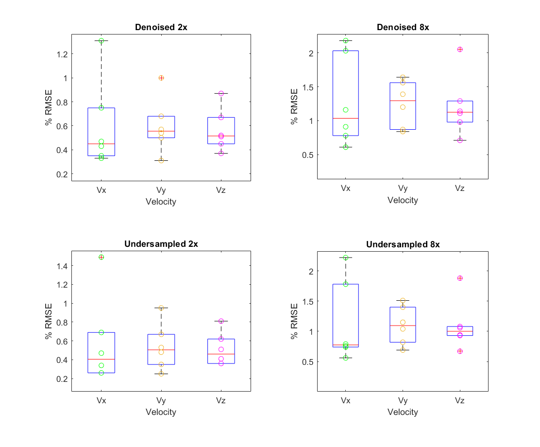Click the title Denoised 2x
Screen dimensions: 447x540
coord(161,27)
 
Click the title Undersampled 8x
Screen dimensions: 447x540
coord(403,244)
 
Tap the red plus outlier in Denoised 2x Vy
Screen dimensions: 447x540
coord(161,78)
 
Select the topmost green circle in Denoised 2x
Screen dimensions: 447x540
coord(101,41)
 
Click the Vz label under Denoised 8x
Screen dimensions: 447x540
coord(460,188)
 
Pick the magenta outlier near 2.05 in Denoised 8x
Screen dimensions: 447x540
coord(460,49)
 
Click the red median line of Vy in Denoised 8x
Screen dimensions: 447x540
coord(403,101)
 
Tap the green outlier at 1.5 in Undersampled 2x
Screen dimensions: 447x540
coord(101,257)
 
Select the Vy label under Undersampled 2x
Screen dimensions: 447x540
coord(161,401)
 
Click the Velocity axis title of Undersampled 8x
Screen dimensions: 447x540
coord(403,412)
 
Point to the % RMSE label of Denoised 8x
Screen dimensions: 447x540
coord(294,106)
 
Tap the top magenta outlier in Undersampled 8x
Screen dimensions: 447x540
coord(460,278)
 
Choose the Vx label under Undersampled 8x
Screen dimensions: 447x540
coord(345,401)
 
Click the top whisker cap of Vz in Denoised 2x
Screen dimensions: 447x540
coord(221,93)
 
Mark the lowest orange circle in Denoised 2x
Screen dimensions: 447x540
coord(161,160)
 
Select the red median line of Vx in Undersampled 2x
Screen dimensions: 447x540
coord(101,359)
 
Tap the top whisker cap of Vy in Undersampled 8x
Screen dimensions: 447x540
coord(403,300)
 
